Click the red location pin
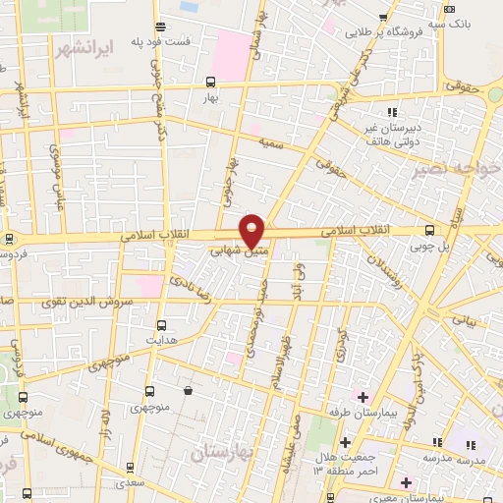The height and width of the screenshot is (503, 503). pyautogui.click(x=252, y=230)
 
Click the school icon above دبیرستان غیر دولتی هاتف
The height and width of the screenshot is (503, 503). pyautogui.click(x=392, y=113)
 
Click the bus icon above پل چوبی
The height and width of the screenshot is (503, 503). pyautogui.click(x=428, y=230)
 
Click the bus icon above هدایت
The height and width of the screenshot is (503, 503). pyautogui.click(x=162, y=324)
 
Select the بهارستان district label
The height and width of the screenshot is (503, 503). pyautogui.click(x=224, y=454)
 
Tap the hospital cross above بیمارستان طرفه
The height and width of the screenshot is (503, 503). pyautogui.click(x=362, y=397)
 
